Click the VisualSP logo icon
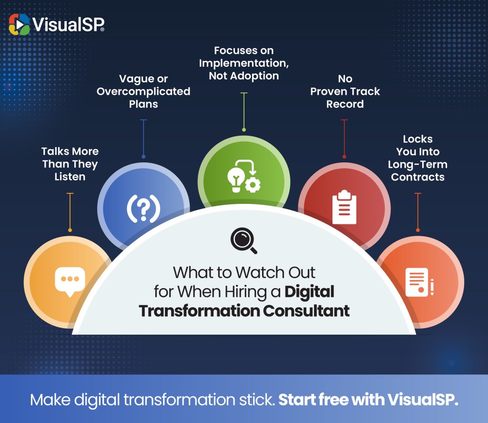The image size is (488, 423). [x=19, y=24]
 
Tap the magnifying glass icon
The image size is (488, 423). [x=244, y=241]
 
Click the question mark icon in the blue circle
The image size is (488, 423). [x=143, y=209]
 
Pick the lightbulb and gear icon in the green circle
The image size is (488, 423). [x=244, y=176]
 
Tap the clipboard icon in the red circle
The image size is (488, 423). [x=344, y=207]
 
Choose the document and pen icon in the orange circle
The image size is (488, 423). [x=419, y=282]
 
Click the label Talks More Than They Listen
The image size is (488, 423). [x=70, y=164]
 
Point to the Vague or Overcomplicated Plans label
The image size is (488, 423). [x=143, y=91]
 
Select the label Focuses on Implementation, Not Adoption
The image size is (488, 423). [x=244, y=63]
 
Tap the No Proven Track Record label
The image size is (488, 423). [x=345, y=91]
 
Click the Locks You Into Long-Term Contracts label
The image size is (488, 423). [x=417, y=158]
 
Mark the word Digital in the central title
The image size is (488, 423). [x=309, y=292]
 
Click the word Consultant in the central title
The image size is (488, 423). [x=306, y=311]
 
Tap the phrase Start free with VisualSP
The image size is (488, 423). [x=368, y=400]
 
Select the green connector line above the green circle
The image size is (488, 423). [x=244, y=111]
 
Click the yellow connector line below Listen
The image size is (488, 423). [x=70, y=212]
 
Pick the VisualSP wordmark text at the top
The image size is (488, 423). [x=68, y=24]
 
